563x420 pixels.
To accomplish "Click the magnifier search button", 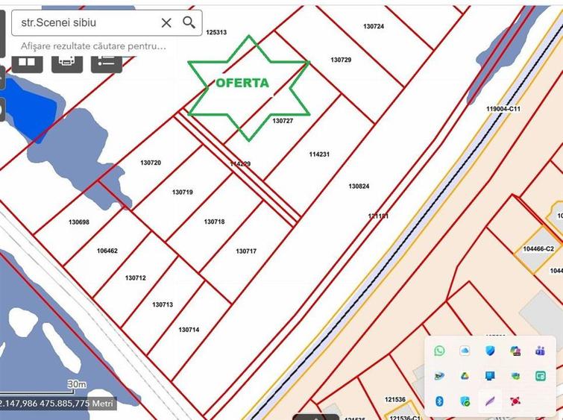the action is point(189,22).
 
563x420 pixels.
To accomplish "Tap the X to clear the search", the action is point(166,22).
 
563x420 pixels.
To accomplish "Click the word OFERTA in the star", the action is point(242,83).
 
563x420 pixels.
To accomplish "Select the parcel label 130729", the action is point(341,60).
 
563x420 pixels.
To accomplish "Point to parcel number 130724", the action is point(374,26).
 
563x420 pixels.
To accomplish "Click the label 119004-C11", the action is point(503,109).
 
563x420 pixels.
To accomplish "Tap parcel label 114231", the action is point(319,154).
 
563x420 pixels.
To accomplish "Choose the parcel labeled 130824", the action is point(359,186).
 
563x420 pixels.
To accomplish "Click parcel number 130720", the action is point(151,163).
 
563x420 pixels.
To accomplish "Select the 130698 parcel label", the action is point(79,222).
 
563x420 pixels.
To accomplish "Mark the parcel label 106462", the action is point(107,251).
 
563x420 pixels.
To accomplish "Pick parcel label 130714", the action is point(189,329).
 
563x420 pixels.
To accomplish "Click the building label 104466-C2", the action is point(538,248).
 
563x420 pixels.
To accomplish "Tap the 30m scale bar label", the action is point(77,384).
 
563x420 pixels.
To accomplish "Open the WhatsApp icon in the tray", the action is point(439,351).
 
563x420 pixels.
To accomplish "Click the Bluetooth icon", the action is point(439,401).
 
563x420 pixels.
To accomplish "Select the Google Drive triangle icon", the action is point(465,376).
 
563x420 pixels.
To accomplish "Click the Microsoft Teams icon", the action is point(541,351).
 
